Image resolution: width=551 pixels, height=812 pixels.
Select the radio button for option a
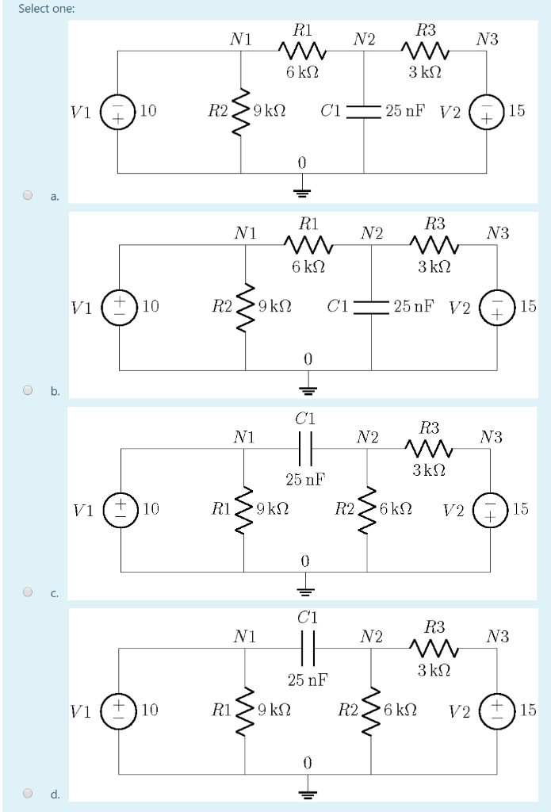pyautogui.click(x=29, y=193)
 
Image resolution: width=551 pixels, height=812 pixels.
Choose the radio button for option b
pyautogui.click(x=29, y=390)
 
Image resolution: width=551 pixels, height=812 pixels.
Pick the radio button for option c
pyautogui.click(x=29, y=592)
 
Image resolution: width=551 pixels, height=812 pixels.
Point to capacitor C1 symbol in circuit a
pyautogui.click(x=364, y=111)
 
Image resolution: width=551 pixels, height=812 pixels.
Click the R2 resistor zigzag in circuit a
pyautogui.click(x=241, y=111)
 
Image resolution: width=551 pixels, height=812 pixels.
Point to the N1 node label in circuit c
pyautogui.click(x=244, y=436)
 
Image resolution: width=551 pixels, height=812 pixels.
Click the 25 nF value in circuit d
pyautogui.click(x=307, y=680)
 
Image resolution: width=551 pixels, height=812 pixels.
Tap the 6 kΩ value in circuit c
pyautogui.click(x=395, y=508)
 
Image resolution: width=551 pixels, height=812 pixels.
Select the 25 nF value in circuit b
pyautogui.click(x=413, y=306)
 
